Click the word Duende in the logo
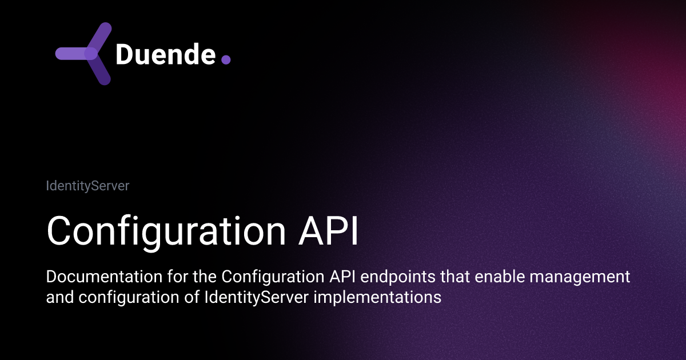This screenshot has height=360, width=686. click(165, 54)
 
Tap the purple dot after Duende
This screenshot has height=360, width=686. click(226, 59)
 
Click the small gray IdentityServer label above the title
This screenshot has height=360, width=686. click(87, 186)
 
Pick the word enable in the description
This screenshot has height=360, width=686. click(498, 277)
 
